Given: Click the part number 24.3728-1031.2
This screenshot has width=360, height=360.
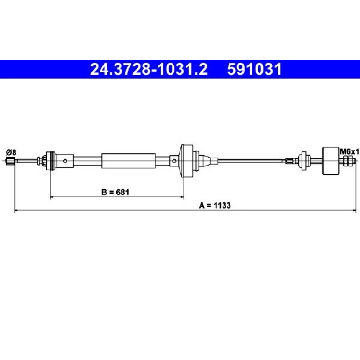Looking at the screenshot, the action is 149,69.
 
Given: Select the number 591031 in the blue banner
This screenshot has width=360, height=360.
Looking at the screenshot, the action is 254,69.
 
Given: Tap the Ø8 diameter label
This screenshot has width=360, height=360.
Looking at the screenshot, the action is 11,152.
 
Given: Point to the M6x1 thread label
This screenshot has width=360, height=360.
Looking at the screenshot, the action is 349,152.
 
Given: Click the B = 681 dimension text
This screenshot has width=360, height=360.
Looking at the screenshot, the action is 115,192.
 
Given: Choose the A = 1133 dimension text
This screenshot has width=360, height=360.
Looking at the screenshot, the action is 215,205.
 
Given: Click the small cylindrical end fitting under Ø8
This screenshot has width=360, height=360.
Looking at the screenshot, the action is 11,161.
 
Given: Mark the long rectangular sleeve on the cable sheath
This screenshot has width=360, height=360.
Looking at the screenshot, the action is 129,161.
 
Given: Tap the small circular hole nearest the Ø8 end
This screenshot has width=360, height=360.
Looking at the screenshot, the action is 65,161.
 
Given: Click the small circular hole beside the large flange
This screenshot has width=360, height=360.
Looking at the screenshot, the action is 174,161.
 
